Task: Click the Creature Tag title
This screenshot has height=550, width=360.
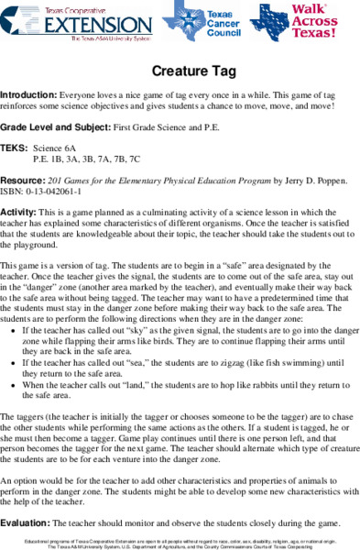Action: [180, 70]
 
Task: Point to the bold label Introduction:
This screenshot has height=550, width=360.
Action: [28, 94]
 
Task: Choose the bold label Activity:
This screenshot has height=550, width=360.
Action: [19, 210]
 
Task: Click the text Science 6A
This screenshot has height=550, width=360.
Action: [57, 147]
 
